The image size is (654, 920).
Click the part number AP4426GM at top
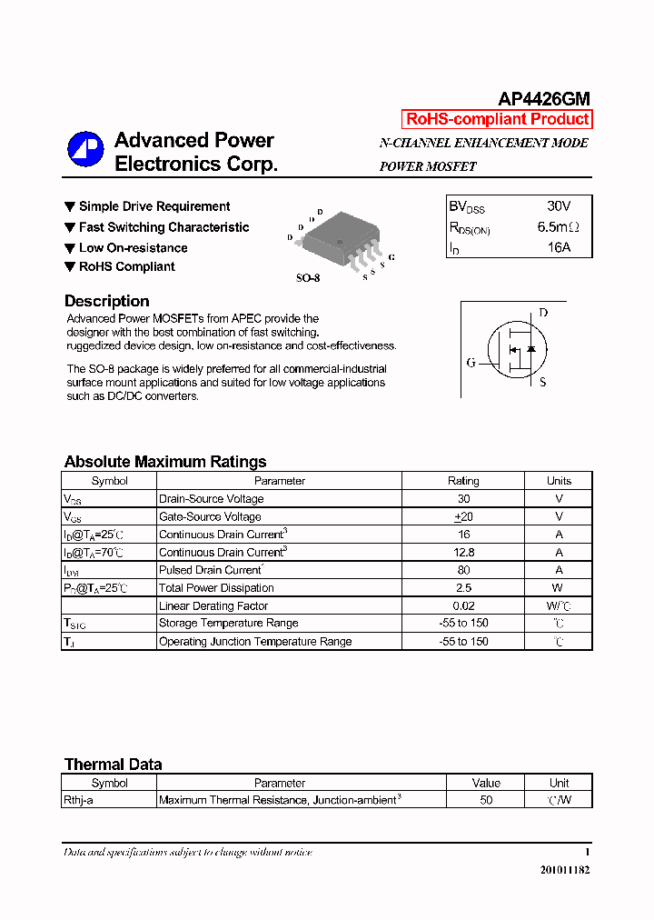click(544, 99)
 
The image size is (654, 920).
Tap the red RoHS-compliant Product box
click(497, 119)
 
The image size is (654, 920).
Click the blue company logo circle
click(85, 150)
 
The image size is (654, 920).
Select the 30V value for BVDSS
click(559, 206)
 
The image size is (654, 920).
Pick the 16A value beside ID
click(559, 247)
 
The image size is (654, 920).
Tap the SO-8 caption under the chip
click(307, 278)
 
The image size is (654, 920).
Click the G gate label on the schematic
click(471, 363)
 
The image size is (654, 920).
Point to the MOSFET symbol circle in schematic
click(517, 349)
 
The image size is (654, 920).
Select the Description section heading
click(106, 301)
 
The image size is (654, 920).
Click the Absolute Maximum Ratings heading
click(165, 462)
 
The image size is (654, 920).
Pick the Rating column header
click(463, 481)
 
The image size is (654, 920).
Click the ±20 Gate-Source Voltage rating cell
click(463, 516)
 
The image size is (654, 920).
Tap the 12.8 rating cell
click(463, 552)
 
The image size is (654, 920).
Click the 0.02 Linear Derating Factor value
click(463, 605)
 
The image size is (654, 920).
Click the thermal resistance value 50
click(486, 800)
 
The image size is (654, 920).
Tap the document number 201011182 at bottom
click(565, 870)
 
